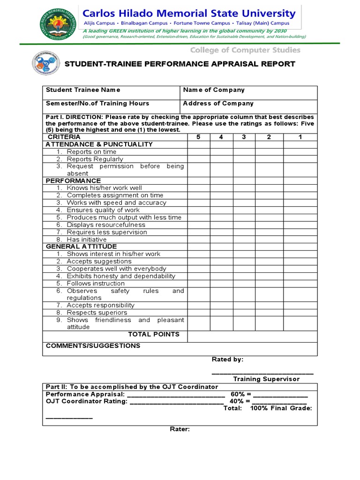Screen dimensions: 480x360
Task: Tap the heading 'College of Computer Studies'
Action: tap(245, 50)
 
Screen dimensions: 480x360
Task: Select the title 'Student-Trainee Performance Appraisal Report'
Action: tap(180, 64)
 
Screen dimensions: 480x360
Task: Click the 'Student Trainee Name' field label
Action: tap(83, 90)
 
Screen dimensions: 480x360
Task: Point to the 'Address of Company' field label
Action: tap(218, 103)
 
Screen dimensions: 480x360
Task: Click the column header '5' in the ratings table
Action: tap(199, 137)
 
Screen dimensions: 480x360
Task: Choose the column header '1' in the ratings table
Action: tap(300, 137)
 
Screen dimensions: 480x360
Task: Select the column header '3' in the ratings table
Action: tap(244, 137)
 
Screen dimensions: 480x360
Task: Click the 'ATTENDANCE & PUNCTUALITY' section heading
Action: tap(99, 144)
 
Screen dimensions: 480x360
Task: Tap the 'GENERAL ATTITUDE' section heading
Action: tap(81, 247)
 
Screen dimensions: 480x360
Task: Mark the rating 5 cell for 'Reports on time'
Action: tap(199, 152)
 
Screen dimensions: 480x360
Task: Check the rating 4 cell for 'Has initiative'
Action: tap(221, 240)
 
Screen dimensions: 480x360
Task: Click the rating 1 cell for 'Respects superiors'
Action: tap(300, 313)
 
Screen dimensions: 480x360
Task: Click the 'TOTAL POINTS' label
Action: tap(154, 334)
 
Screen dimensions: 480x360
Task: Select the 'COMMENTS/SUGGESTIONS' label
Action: tap(93, 346)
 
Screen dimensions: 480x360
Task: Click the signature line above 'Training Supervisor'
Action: tap(262, 373)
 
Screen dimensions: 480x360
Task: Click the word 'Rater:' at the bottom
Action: tap(180, 429)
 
